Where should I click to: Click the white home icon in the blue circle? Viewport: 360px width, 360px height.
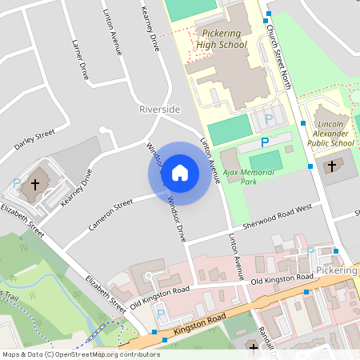pos(180,173)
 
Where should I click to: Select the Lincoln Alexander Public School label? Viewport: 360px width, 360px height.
pos(331,134)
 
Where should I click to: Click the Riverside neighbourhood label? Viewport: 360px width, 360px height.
pos(159,109)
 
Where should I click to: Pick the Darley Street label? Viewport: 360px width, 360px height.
pos(34,138)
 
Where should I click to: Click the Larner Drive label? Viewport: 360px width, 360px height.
pos(79,60)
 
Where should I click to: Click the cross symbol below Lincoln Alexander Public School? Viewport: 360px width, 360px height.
pos(331,166)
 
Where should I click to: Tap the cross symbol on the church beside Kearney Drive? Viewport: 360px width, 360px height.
pos(34,185)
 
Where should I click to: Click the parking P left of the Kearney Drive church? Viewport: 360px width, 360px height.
pos(17,183)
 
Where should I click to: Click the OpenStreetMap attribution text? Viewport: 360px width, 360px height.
pos(70,354)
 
